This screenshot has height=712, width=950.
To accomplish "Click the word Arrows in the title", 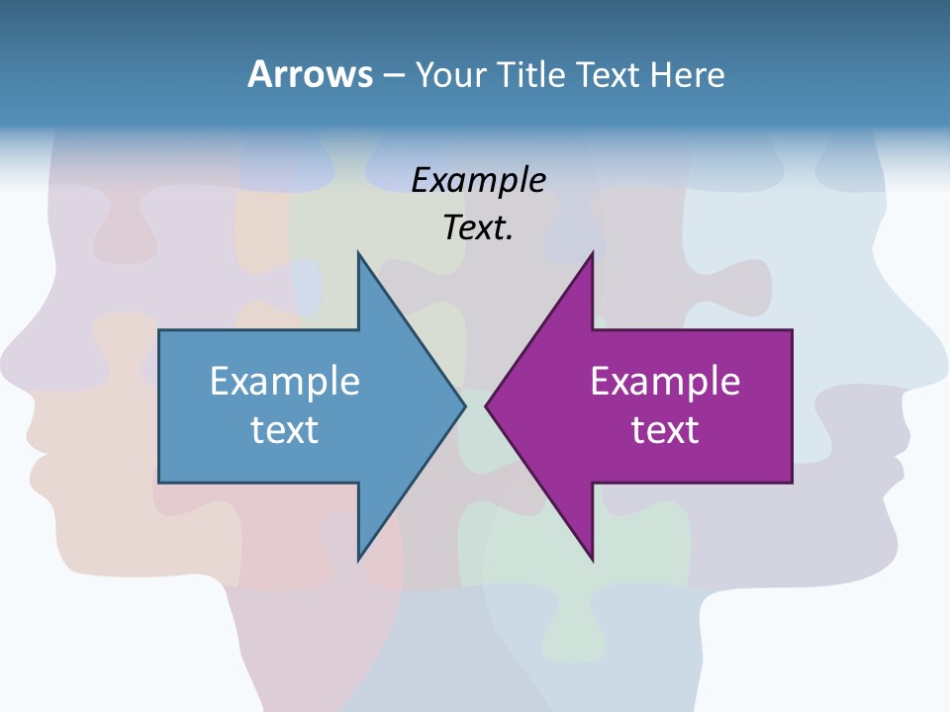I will pos(309,74).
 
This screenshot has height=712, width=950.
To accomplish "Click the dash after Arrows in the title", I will pos(393,75).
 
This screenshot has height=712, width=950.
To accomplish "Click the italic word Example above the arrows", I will pos(478,180).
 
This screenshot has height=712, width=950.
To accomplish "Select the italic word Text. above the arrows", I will pos(478,227).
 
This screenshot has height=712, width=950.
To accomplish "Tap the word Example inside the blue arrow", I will pos(285,381).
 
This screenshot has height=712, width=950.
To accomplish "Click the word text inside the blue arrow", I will pos(285,429).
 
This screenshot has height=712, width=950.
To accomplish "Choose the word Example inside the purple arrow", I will pos(665,381).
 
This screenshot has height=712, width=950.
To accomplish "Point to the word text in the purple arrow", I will pos(665,429).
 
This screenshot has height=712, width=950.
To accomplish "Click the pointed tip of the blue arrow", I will pos(464,405).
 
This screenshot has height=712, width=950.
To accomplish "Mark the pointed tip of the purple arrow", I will pos(487,405).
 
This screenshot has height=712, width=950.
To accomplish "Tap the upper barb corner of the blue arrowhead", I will pos(358,254).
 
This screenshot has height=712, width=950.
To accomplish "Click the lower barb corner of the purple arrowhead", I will pos(592,560).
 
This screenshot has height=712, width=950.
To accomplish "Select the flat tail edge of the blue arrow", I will pos(159,405).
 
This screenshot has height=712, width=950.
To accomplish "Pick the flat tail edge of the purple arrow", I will pos(792,405).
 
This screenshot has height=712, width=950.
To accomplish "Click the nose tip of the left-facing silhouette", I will pos(5,351).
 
